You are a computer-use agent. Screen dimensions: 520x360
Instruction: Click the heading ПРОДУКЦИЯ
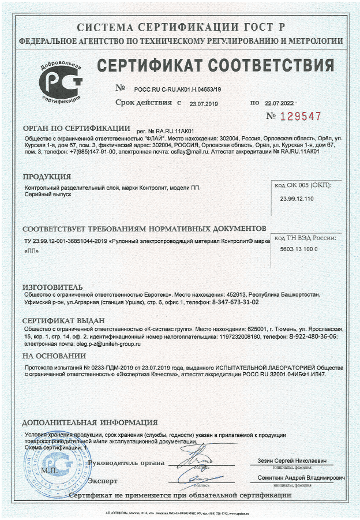coord(47,177)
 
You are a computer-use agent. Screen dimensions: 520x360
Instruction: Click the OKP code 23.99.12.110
coord(297,199)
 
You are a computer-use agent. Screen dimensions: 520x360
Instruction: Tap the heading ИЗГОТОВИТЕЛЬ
coord(52,287)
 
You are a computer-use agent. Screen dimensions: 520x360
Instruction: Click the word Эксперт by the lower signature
coord(103,480)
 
